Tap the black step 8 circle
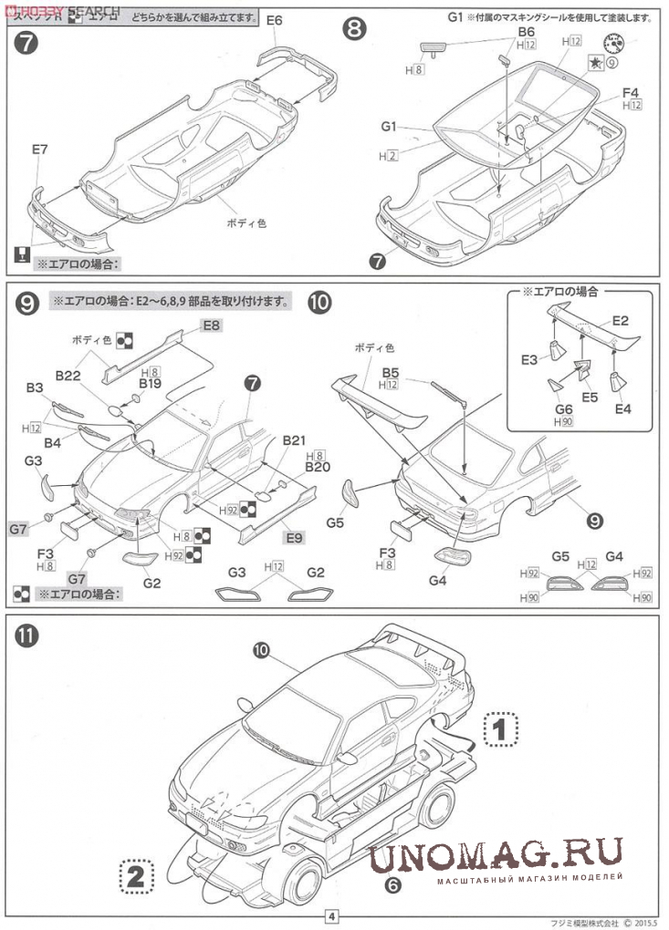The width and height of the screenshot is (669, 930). coord(354,30)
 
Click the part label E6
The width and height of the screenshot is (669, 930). coord(275,19)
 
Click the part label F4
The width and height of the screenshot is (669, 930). coord(632,91)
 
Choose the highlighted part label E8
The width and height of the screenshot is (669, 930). coord(212,325)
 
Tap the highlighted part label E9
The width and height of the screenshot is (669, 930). coord(293,538)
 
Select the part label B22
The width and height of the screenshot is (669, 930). coord(69,375)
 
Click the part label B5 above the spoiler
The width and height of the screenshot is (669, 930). coord(391,372)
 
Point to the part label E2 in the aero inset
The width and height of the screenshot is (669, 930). coord(621,320)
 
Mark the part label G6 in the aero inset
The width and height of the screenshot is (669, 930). coord(563,409)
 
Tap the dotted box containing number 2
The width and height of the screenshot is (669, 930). coord(135,877)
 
